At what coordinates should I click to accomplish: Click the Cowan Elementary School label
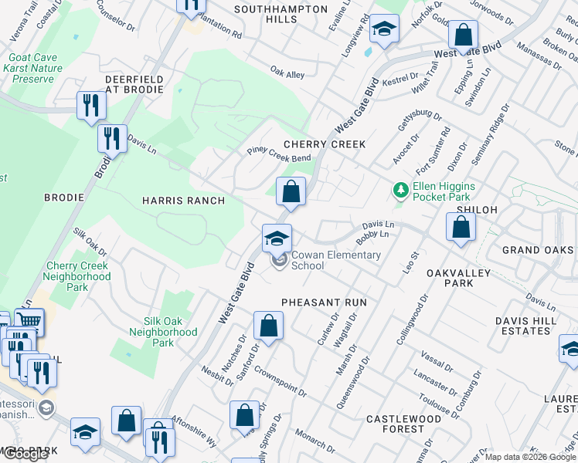(335, 260)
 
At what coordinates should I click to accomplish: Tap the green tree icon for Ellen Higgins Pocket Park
(400, 189)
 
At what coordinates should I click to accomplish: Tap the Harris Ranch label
(183, 201)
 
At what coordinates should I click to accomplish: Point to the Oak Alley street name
(287, 74)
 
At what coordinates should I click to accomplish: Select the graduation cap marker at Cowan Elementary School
(277, 237)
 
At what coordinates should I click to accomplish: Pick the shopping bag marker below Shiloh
(461, 228)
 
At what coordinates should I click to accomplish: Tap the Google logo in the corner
(25, 454)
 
